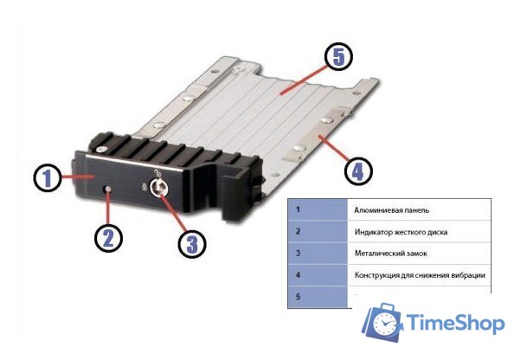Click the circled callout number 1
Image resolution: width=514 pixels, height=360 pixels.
(48, 178)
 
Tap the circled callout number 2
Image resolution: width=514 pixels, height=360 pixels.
(108, 237)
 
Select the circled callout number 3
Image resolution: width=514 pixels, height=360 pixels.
(192, 243)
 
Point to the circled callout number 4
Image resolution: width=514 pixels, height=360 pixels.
(358, 170)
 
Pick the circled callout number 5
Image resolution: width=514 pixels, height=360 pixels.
(338, 56)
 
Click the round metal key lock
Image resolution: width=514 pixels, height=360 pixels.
(159, 188)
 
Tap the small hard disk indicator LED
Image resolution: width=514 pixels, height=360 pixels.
(108, 190)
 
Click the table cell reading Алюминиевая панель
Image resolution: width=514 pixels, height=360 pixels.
(419, 209)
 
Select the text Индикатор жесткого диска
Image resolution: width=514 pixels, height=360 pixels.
(401, 232)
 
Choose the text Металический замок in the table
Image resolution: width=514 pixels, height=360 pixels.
(391, 253)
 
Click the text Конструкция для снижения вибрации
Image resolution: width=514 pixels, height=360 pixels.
(420, 274)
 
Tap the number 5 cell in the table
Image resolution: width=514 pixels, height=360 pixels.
(318, 297)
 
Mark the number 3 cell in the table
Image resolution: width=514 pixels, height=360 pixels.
(318, 253)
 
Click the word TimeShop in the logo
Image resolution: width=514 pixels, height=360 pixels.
(456, 323)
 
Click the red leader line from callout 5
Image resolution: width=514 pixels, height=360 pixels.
(303, 80)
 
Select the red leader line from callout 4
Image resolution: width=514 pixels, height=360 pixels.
(334, 148)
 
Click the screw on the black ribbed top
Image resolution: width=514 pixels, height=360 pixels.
(101, 149)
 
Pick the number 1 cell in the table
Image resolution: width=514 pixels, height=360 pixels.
(318, 209)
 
